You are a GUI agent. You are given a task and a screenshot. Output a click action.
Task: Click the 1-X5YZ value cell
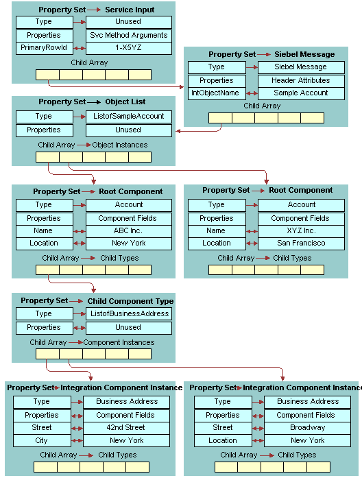[128, 48]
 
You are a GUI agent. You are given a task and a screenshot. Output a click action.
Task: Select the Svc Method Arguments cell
[128, 35]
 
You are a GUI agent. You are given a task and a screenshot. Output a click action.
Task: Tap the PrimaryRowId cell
[43, 48]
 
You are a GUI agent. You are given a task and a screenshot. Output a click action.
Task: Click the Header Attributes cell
[300, 80]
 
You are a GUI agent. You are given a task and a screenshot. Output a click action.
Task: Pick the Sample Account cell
[300, 93]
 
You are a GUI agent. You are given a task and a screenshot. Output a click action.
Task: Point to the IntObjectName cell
[215, 93]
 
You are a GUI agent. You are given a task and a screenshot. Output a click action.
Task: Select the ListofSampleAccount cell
[128, 117]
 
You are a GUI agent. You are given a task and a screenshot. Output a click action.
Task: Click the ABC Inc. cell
[128, 230]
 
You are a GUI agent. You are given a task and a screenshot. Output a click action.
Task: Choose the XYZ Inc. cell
[300, 230]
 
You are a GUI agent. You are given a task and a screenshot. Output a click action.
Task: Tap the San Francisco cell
[300, 243]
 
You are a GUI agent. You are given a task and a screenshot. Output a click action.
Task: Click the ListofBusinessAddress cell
[128, 313]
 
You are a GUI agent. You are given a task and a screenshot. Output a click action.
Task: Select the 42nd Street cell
[127, 427]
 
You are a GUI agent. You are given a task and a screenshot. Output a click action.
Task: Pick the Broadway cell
[307, 427]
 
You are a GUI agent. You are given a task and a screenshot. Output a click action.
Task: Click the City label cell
[41, 440]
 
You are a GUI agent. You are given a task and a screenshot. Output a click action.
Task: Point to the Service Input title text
[130, 10]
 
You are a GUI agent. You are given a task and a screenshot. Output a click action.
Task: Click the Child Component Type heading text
[130, 301]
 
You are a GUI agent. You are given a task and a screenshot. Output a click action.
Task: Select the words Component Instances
[119, 342]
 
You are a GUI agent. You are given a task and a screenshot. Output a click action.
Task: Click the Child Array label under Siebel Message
[262, 106]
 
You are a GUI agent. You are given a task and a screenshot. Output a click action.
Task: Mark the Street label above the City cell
[41, 427]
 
